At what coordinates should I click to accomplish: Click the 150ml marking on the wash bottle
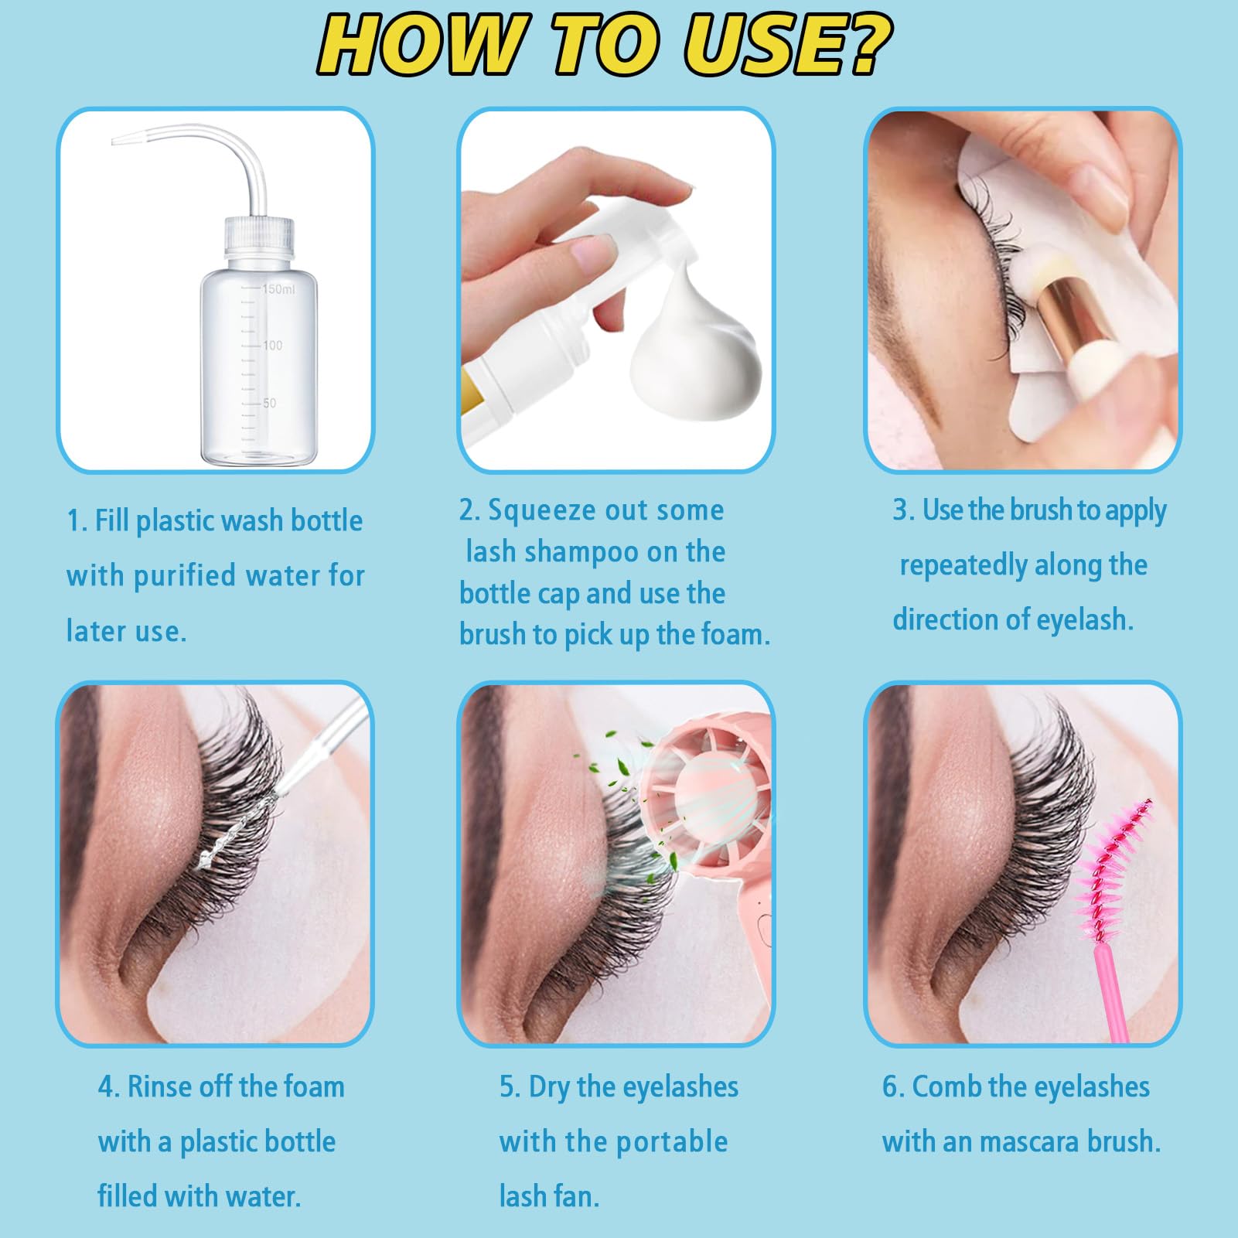click(x=278, y=289)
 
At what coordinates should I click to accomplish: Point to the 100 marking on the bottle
click(x=272, y=345)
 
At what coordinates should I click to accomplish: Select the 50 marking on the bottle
click(x=269, y=403)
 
